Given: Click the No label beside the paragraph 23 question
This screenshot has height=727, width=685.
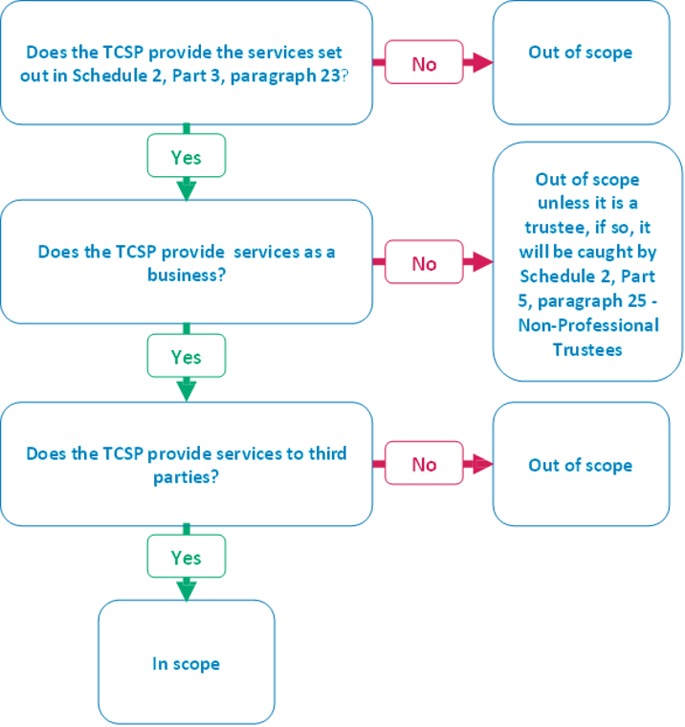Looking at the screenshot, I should point(424,63).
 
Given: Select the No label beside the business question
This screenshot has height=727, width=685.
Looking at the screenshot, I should point(424,263).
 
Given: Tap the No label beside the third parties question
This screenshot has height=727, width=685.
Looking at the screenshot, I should point(424,464).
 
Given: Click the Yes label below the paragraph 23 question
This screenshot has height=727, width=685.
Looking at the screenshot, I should point(187,157).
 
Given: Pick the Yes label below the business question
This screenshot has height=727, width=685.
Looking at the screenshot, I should point(187,357).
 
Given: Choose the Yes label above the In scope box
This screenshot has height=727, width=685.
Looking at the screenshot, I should point(187,557).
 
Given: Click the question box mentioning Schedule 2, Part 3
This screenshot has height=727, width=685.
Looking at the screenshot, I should point(187,64).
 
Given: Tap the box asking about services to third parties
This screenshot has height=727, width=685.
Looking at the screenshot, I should point(187,464).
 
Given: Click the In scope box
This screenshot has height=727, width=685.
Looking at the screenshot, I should point(187,662).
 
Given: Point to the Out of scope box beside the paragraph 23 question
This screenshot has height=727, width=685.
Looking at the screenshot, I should point(581,63).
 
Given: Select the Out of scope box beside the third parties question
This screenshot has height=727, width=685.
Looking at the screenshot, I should point(581,465).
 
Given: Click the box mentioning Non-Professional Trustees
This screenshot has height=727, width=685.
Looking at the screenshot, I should point(586,263).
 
